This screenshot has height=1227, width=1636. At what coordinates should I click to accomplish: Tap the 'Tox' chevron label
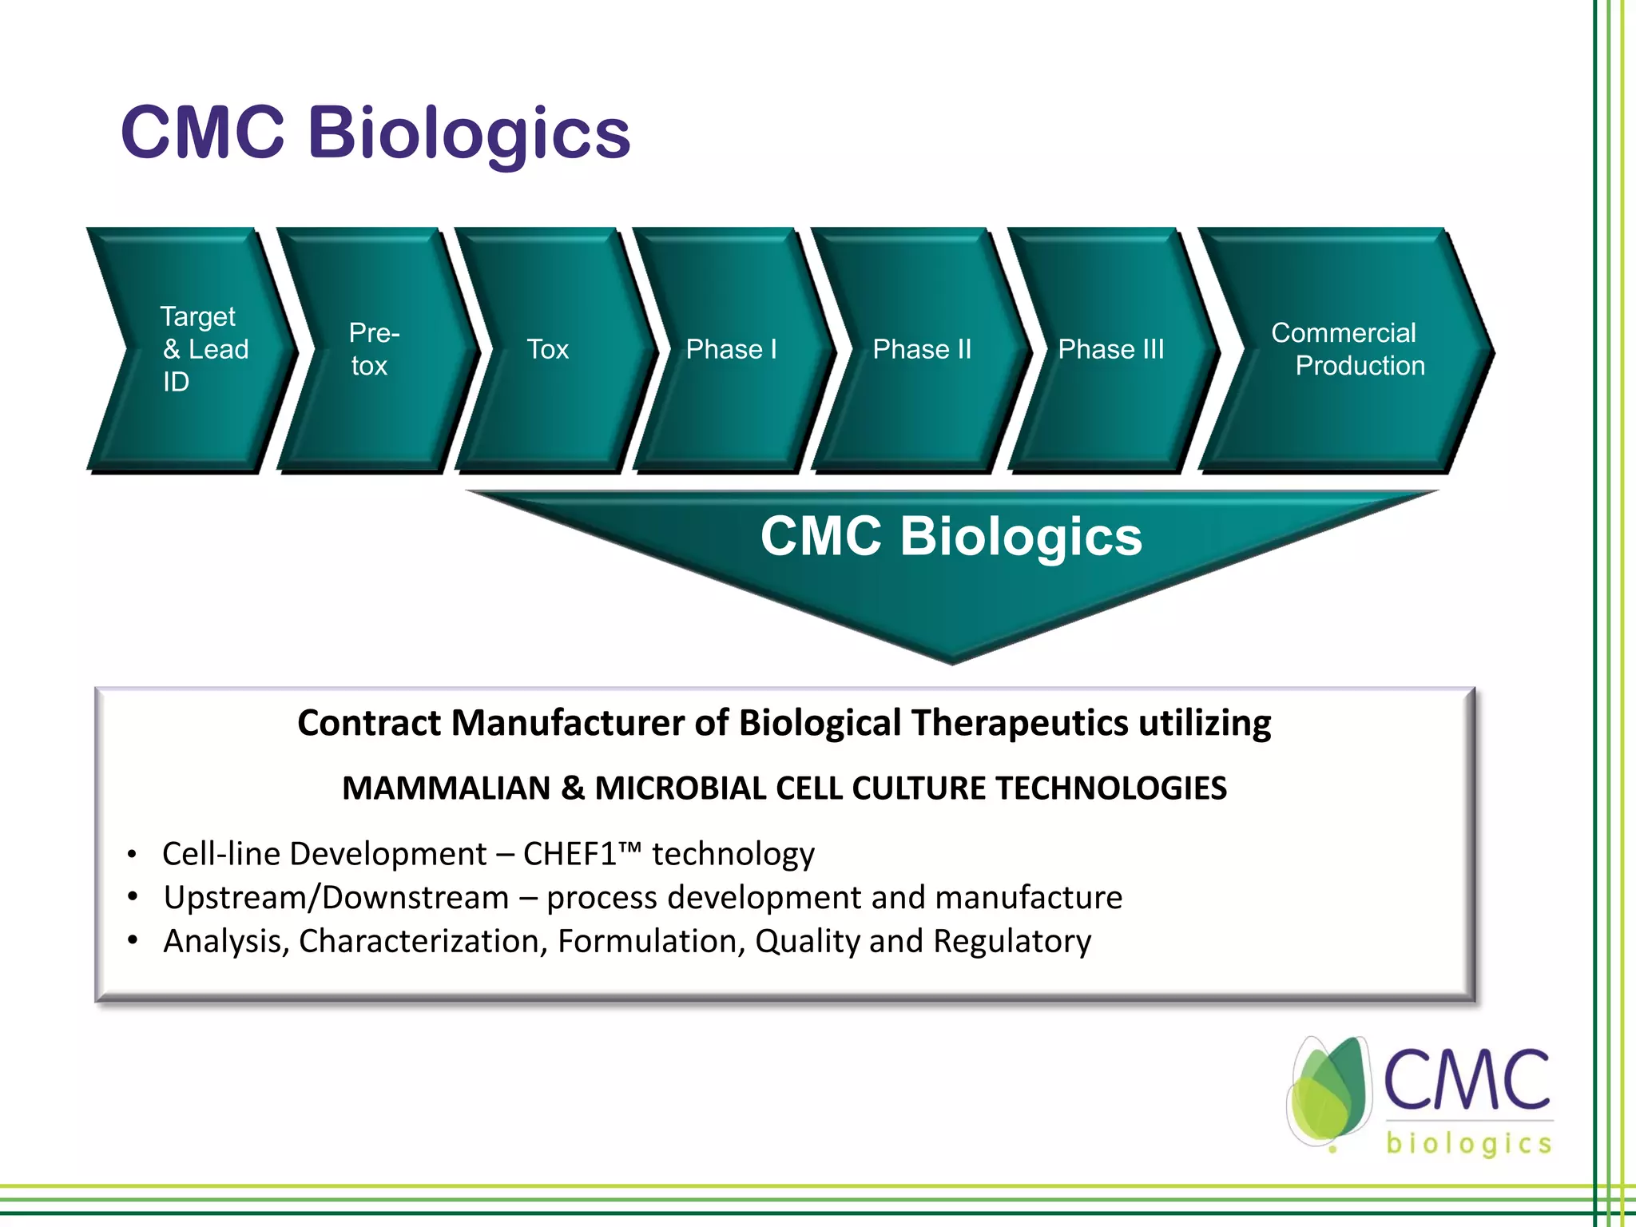pyautogui.click(x=548, y=349)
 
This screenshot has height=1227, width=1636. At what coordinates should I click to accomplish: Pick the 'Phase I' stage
pyautogui.click(x=731, y=349)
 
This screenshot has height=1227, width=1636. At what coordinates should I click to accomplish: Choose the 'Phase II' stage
pyautogui.click(x=922, y=349)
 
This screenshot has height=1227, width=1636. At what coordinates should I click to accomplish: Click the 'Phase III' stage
pyautogui.click(x=1111, y=349)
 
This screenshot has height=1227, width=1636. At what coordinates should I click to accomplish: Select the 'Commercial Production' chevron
pyautogui.click(x=1348, y=349)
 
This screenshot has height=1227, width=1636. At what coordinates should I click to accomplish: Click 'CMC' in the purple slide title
pyautogui.click(x=203, y=133)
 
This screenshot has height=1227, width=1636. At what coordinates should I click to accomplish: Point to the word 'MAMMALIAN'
pyautogui.click(x=446, y=788)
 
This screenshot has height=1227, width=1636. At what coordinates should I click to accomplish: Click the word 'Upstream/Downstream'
pyautogui.click(x=336, y=898)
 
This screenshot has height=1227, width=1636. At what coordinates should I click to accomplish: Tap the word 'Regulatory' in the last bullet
pyautogui.click(x=1011, y=942)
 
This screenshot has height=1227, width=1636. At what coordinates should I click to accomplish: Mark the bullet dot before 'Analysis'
pyautogui.click(x=133, y=940)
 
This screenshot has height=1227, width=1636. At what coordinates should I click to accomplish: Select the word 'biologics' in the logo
pyautogui.click(x=1468, y=1143)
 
